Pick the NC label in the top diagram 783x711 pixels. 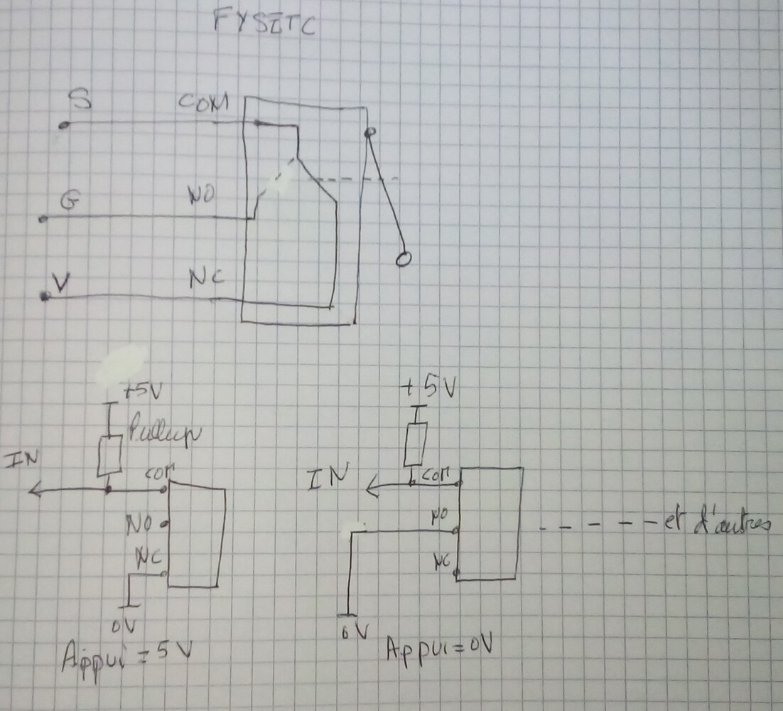[207, 278]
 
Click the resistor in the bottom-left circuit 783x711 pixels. [109, 456]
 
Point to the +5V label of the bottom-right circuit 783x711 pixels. [430, 388]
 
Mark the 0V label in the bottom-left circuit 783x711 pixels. [122, 626]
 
